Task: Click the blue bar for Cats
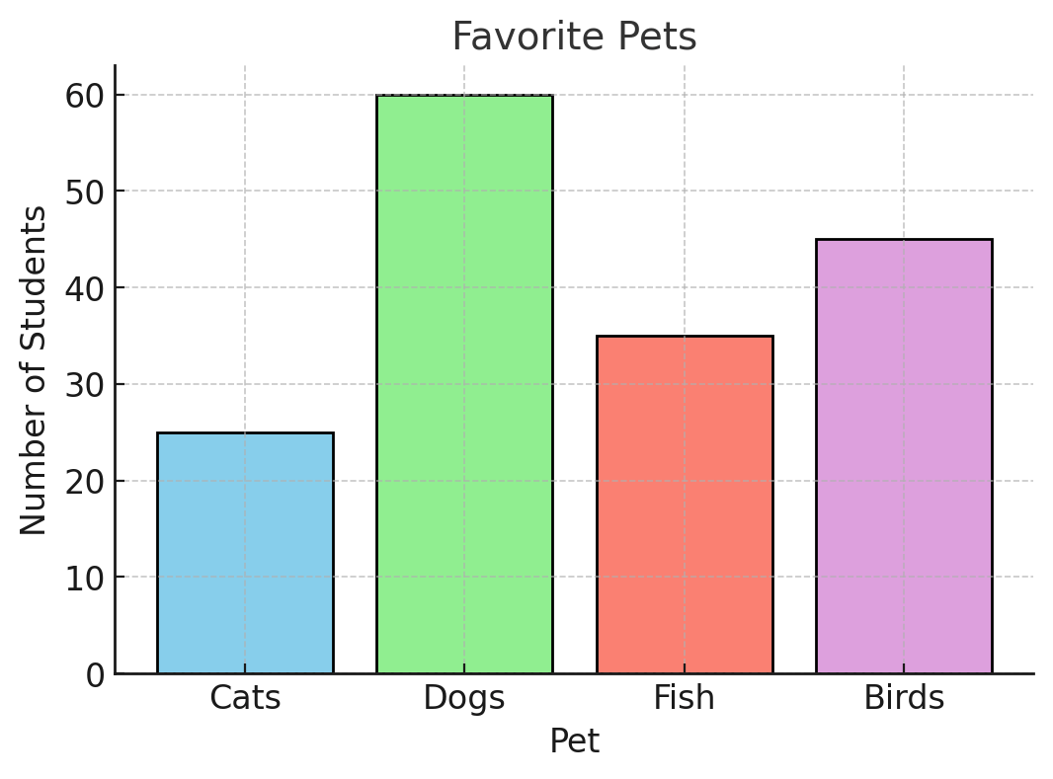point(245,553)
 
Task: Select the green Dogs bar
point(464,384)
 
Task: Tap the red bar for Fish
point(685,505)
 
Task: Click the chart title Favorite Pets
point(574,38)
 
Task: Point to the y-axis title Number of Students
point(35,370)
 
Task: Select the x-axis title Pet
point(574,740)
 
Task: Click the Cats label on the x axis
point(245,698)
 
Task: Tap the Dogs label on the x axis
point(464,698)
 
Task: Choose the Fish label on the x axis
point(685,698)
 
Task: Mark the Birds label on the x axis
point(904,698)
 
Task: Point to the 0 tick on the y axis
point(94,674)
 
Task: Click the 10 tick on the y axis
point(85,578)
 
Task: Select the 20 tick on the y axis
point(85,481)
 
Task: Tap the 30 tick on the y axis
point(85,385)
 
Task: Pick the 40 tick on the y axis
point(85,288)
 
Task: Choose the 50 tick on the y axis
point(85,192)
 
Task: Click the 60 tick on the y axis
point(85,96)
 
